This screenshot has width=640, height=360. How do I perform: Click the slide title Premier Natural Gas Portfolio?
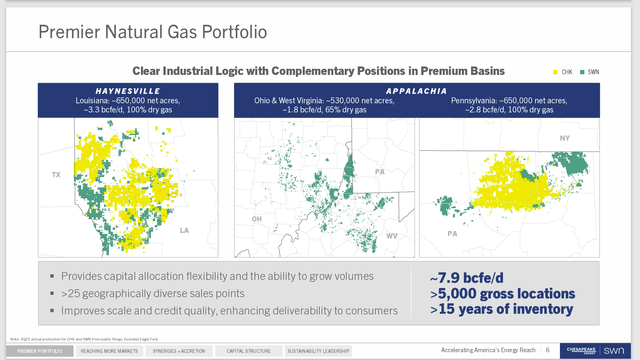pyautogui.click(x=152, y=32)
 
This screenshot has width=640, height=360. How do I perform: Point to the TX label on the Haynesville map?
pyautogui.click(x=43, y=175)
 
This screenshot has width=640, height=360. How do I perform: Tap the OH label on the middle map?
pyautogui.click(x=257, y=218)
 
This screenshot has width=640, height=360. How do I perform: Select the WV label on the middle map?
pyautogui.click(x=392, y=236)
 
